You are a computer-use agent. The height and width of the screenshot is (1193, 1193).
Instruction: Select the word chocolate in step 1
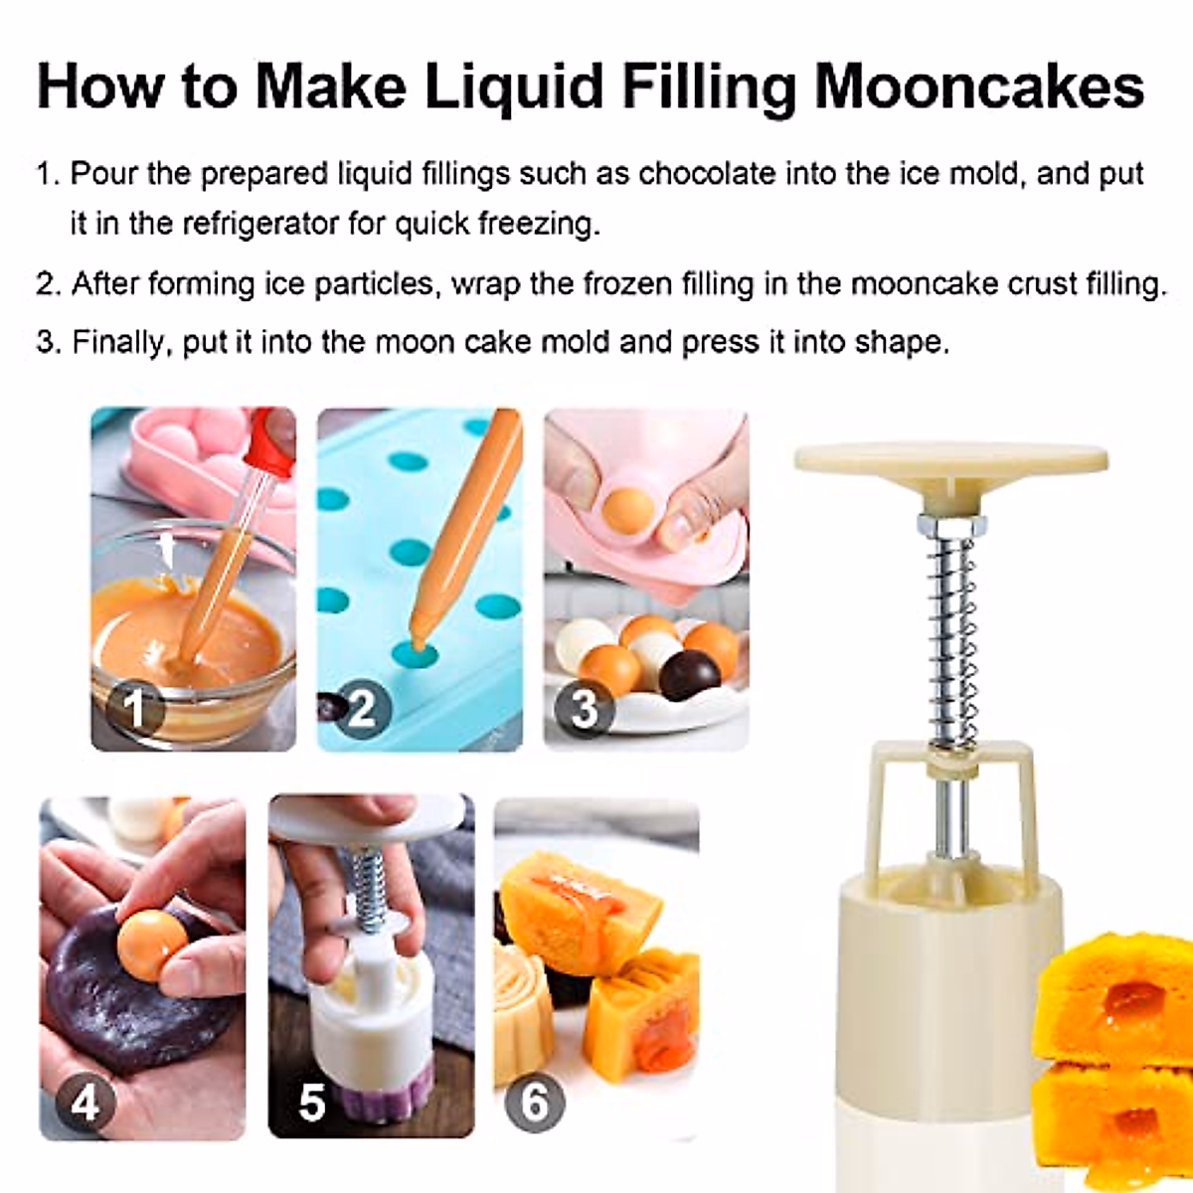(706, 174)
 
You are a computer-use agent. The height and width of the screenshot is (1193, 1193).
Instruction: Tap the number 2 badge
(361, 708)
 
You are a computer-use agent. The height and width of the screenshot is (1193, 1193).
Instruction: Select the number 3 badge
(585, 708)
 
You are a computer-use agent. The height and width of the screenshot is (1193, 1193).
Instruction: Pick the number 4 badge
(85, 1104)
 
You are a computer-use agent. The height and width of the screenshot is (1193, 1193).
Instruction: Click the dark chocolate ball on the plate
(689, 675)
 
